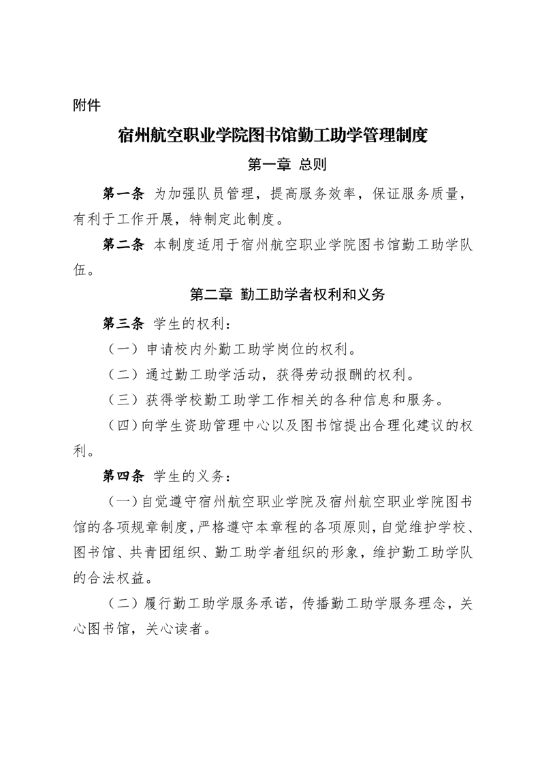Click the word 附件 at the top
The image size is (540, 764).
pos(86,106)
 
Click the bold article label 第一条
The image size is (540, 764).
pos(123,194)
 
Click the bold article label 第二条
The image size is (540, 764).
pos(123,244)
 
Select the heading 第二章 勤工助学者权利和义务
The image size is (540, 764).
pos(287,295)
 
